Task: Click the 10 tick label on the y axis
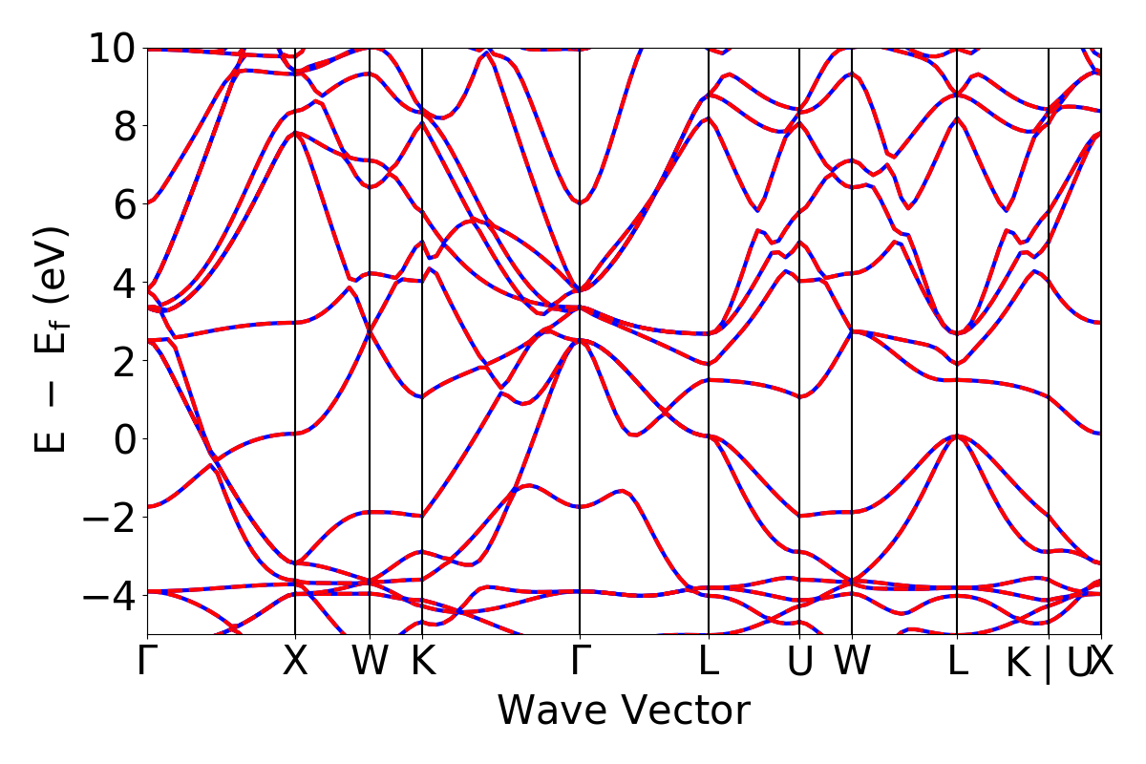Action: [x=113, y=48]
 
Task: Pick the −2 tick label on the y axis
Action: [x=113, y=517]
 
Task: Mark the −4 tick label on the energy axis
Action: [x=113, y=595]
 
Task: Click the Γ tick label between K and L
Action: [x=580, y=662]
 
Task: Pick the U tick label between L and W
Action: [x=800, y=662]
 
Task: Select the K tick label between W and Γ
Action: [x=422, y=662]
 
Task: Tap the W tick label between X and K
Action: [x=370, y=662]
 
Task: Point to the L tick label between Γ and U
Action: [x=708, y=662]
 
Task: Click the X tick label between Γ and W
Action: [x=295, y=662]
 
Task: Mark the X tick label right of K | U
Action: [x=1102, y=662]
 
